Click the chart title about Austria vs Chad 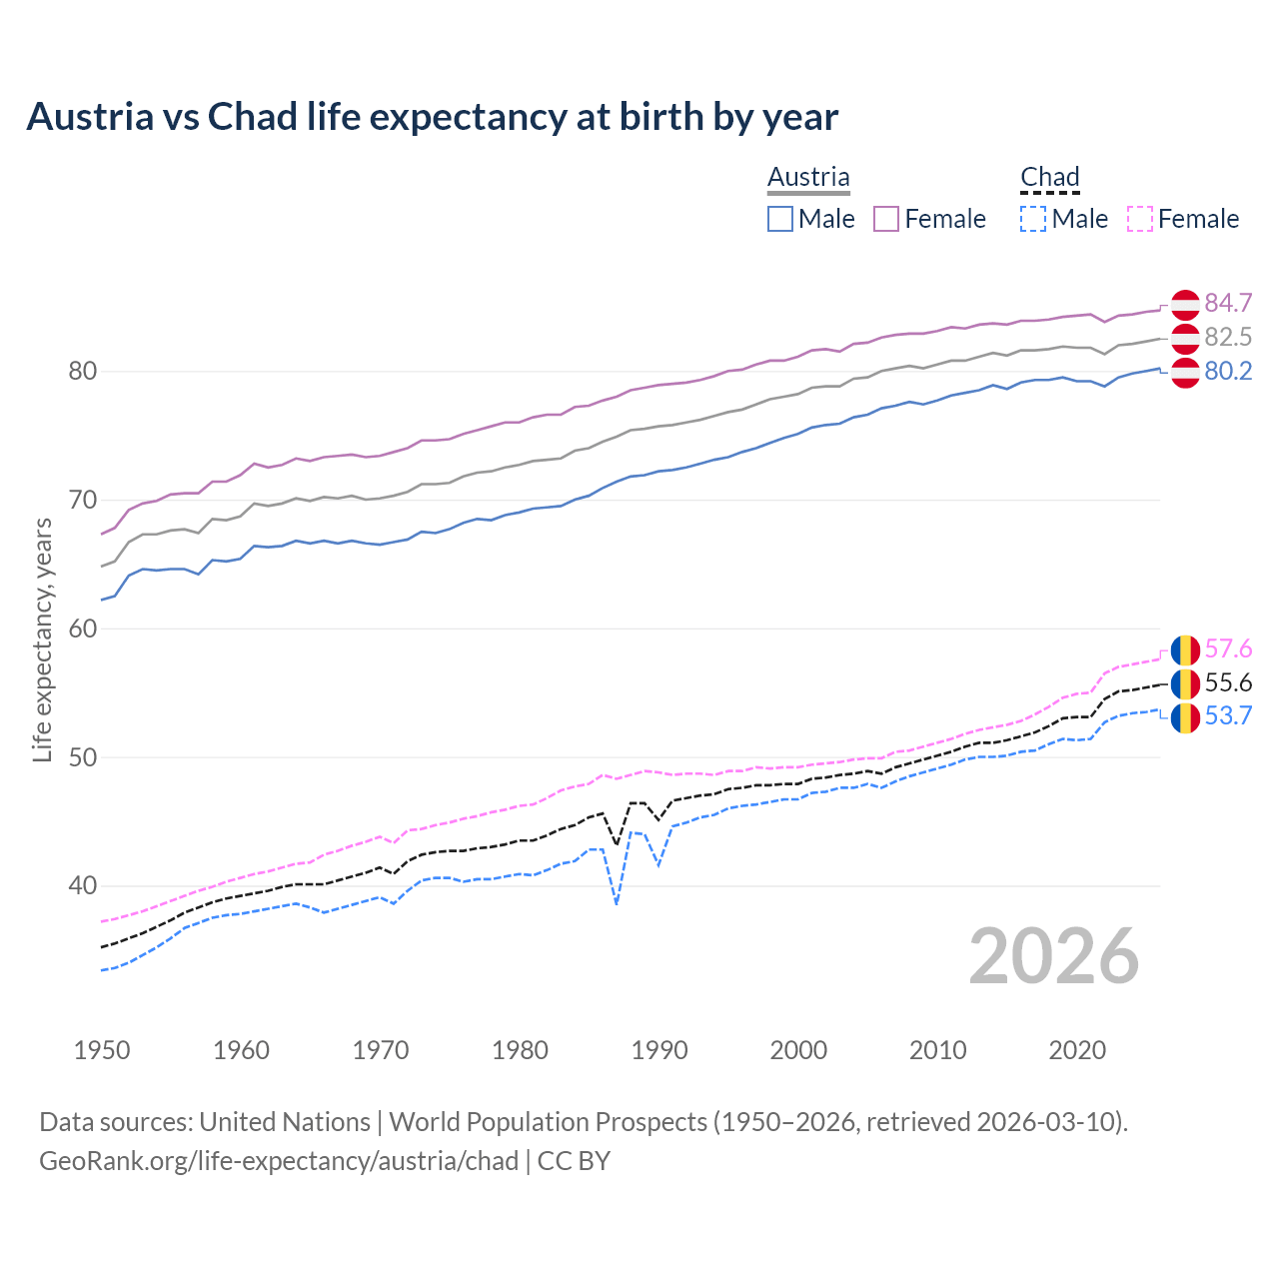pos(432,117)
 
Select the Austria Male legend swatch pos(780,219)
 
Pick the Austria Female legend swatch pos(886,219)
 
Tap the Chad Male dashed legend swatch pos(1033,219)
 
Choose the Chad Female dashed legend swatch pos(1140,219)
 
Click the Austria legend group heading pos(808,177)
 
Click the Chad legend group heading pos(1049,177)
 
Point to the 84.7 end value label pos(1228,303)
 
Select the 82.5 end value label pos(1228,337)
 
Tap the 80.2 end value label pos(1228,371)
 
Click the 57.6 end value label pos(1228,648)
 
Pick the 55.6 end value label pos(1228,682)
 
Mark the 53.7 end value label pos(1228,715)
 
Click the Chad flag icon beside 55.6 pos(1185,684)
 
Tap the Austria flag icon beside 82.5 pos(1185,339)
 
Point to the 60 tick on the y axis pos(83,629)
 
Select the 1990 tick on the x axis pos(659,1050)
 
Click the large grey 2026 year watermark pos(1054,956)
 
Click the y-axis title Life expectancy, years pos(43,640)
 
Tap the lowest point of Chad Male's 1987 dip pos(617,903)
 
